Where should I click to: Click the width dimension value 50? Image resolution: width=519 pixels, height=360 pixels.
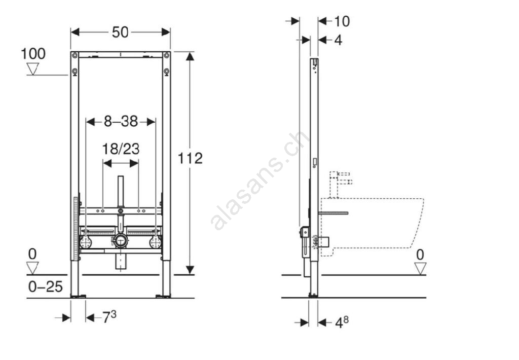[x=120, y=32]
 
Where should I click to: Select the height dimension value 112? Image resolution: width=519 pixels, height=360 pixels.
[x=190, y=158]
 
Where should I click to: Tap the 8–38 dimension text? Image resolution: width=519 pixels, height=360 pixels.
[x=121, y=122]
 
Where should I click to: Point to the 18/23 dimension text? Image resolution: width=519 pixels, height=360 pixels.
[x=121, y=149]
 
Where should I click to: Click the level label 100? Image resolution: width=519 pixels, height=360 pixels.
[x=33, y=54]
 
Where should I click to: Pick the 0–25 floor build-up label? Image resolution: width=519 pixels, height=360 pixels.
[x=45, y=287]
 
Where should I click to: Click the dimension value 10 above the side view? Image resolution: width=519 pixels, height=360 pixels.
[x=342, y=21]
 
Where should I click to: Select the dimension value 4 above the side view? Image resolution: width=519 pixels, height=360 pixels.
[x=338, y=40]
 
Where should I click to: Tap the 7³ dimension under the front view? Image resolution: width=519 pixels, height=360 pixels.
[x=109, y=317]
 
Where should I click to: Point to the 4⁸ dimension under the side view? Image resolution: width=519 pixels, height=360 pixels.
[x=342, y=322]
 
